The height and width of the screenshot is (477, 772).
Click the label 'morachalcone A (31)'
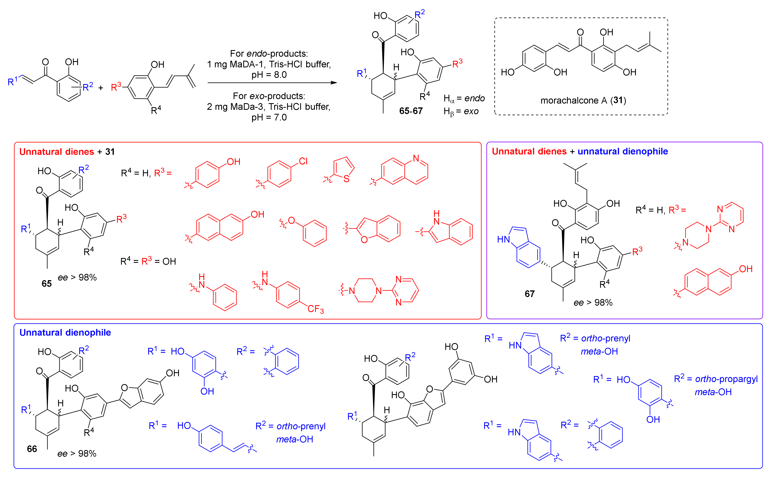click(x=583, y=101)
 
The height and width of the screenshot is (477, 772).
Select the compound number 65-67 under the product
click(x=411, y=111)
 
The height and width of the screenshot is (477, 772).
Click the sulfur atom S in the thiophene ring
click(x=346, y=179)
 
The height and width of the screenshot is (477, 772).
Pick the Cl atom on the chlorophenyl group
click(x=303, y=161)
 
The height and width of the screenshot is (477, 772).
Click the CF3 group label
click(x=315, y=309)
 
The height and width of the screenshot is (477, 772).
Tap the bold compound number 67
click(x=530, y=294)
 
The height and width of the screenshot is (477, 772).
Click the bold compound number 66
click(x=32, y=449)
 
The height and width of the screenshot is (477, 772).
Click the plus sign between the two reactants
click(x=101, y=88)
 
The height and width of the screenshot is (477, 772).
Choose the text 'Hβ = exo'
click(x=461, y=112)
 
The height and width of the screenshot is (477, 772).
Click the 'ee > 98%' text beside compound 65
click(x=77, y=278)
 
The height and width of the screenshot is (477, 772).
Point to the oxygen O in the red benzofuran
click(x=364, y=240)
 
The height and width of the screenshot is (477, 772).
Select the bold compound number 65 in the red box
click(x=47, y=284)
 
